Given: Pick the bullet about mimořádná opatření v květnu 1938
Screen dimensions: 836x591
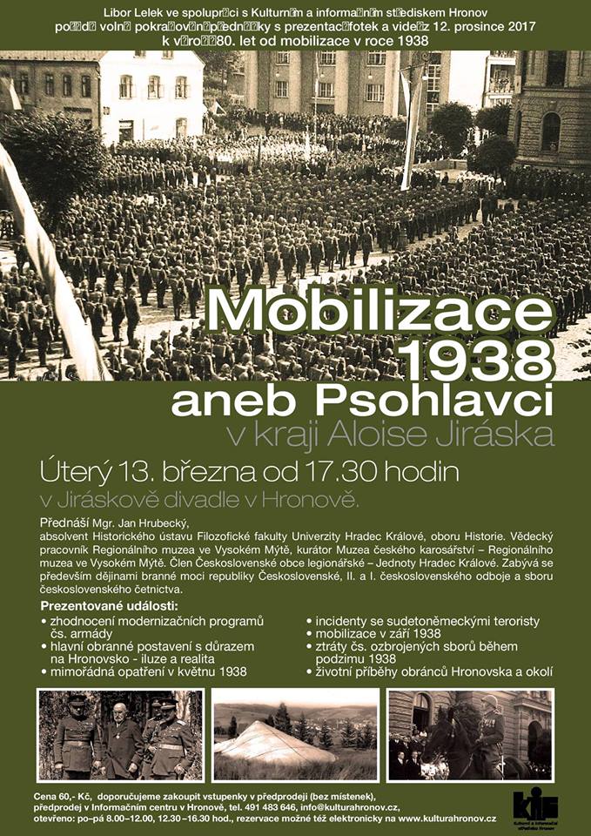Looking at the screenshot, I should pos(147,671).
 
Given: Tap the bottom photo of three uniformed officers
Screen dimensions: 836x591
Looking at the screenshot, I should pos(121,734).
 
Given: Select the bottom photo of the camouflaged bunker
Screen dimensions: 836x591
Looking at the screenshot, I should pos(295,734).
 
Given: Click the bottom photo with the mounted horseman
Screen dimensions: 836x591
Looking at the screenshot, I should pos(469,734).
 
